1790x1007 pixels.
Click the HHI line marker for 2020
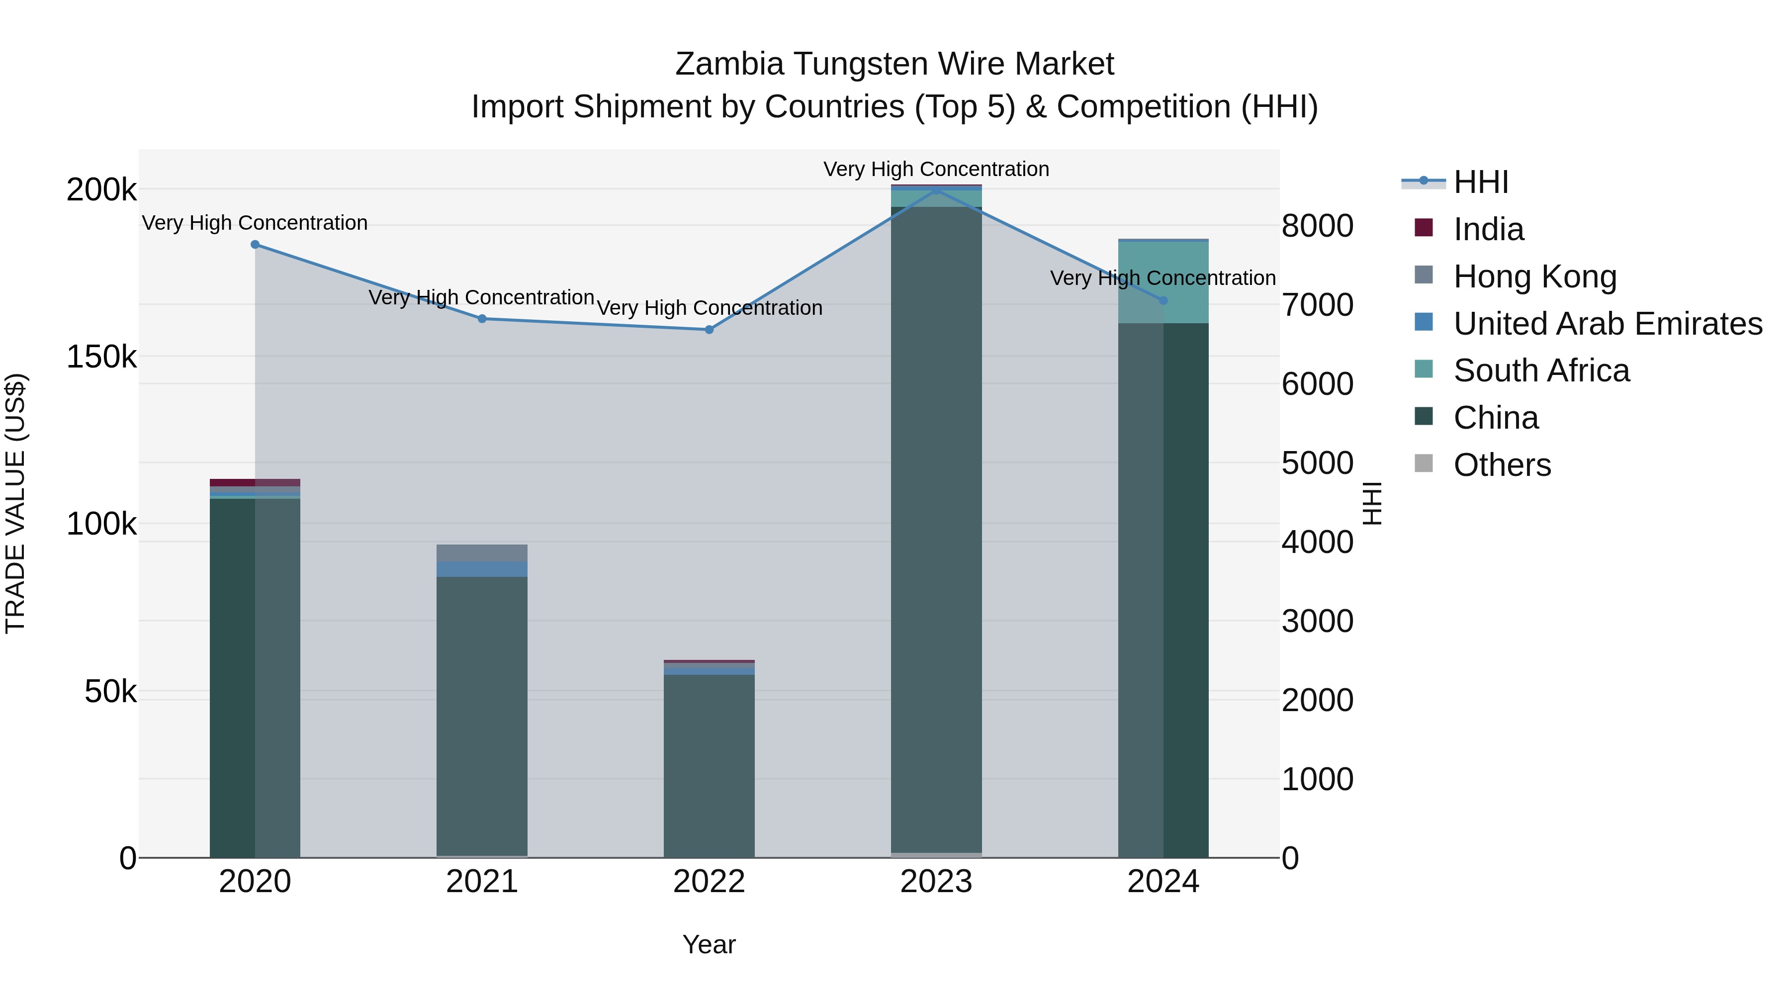[x=255, y=245]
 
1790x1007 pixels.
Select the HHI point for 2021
[x=482, y=319]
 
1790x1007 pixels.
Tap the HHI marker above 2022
[x=710, y=330]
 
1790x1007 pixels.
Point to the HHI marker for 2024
[x=1164, y=301]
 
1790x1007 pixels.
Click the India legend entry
[x=1488, y=229]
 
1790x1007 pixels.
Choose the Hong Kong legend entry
[x=1534, y=276]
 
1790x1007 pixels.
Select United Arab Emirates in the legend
[x=1607, y=324]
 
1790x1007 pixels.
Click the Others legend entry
[x=1502, y=465]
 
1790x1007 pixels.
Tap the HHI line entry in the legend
[x=1480, y=182]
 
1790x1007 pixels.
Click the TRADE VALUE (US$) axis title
[x=16, y=503]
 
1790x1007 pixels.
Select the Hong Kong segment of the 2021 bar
[x=482, y=553]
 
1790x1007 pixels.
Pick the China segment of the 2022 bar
[x=710, y=764]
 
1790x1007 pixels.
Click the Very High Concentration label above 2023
[x=936, y=170]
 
